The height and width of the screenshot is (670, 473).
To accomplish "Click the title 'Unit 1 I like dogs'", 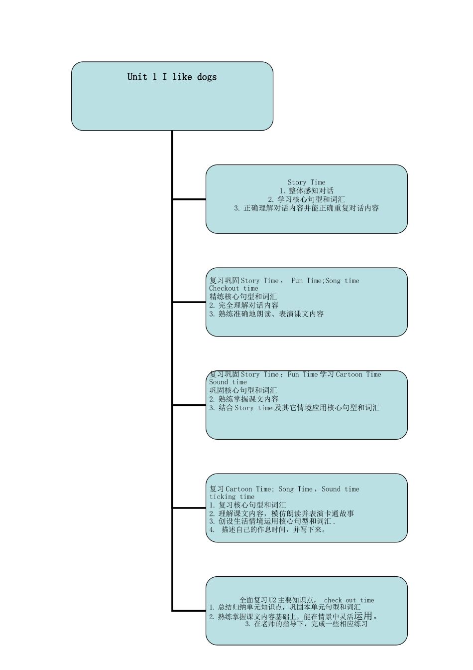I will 172,77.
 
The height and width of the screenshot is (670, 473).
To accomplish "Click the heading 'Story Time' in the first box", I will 306,182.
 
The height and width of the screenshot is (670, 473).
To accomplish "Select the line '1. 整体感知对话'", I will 306,191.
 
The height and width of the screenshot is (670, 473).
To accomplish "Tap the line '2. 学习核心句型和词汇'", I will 306,199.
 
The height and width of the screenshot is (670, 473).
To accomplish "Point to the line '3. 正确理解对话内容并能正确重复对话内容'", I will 306,208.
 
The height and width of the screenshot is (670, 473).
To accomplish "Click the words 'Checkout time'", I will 234,288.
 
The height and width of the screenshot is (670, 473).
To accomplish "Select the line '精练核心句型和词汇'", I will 243,297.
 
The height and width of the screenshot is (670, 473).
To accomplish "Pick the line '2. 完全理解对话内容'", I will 243,305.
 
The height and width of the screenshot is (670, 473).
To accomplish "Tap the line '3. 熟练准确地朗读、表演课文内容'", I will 266,314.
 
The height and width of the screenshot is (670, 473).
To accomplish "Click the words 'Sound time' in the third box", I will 228,382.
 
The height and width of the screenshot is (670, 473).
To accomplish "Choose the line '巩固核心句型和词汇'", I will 243,390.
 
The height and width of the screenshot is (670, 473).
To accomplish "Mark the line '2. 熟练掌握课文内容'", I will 243,399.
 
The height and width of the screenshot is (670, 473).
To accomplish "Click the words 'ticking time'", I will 232,497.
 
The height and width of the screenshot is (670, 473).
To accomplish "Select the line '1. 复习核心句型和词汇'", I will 247,505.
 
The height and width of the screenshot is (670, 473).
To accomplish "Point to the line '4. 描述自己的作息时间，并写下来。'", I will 268,530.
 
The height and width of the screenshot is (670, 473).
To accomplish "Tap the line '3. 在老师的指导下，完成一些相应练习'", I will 306,624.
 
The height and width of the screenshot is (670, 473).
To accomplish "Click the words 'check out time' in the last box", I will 349,600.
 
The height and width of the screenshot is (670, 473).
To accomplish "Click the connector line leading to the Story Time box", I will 189,199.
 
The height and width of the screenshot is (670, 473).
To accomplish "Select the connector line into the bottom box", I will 189,611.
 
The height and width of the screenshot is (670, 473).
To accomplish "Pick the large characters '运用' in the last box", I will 363,616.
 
